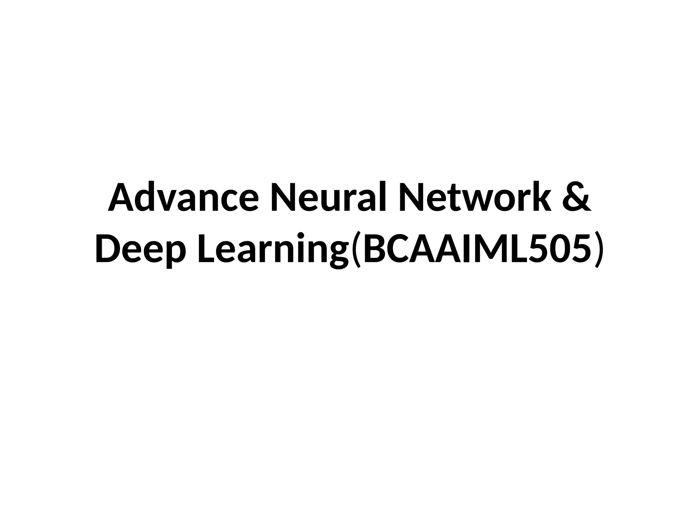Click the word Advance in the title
pos(183,198)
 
